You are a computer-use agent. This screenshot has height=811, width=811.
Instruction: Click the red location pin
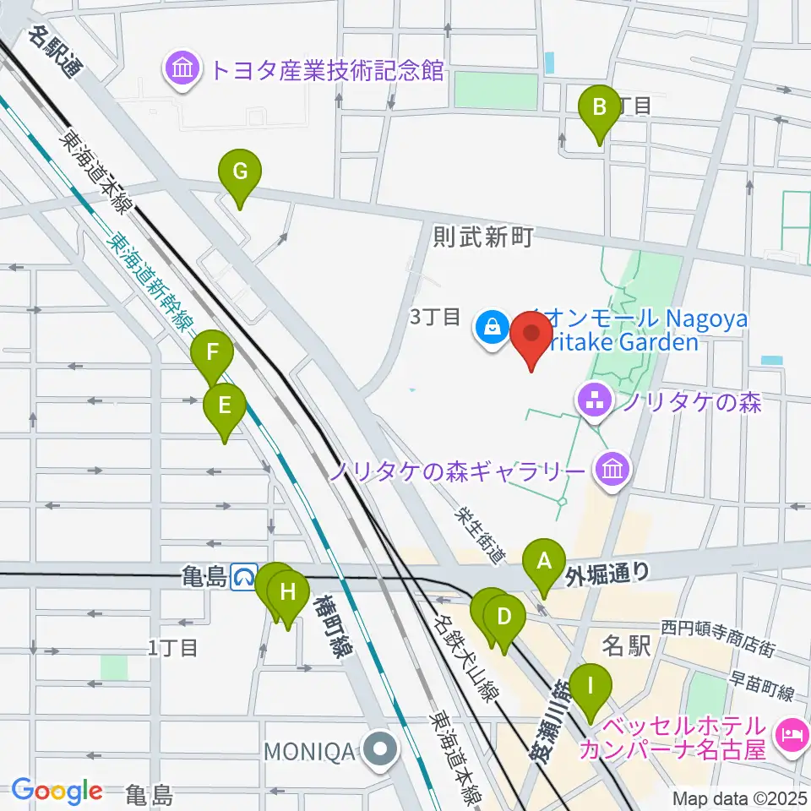pos(532,336)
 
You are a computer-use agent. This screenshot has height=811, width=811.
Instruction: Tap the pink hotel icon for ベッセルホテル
pos(792,738)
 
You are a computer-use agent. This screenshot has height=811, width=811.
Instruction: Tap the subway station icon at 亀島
pos(246,577)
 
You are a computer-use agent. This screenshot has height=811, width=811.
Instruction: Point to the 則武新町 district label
pos(482,237)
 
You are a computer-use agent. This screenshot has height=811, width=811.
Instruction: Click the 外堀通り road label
pos(608,574)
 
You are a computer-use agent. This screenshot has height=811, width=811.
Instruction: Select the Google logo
pos(57,792)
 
